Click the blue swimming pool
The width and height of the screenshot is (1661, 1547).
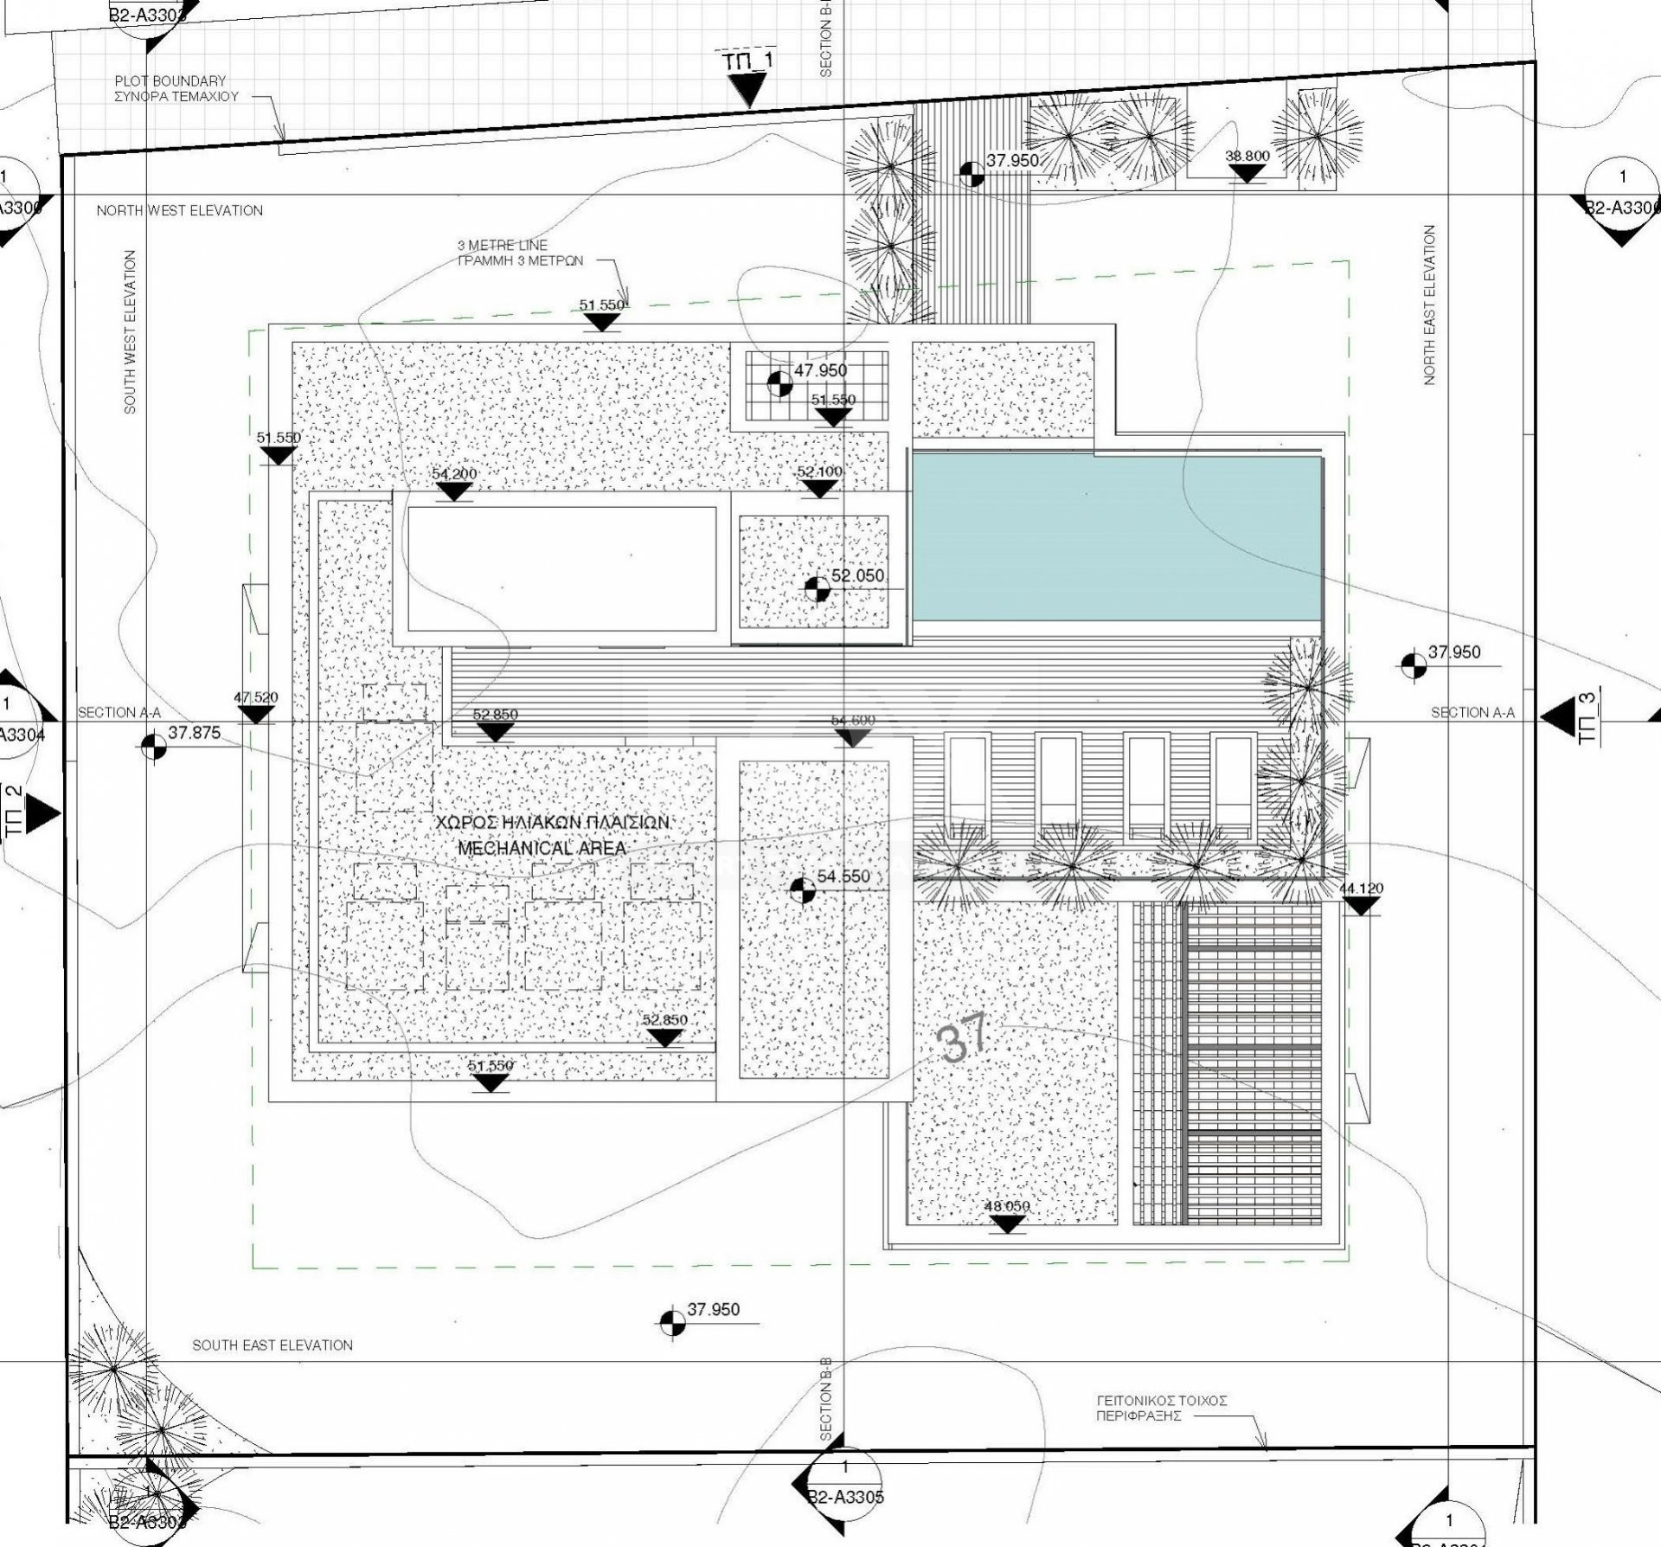(1116, 538)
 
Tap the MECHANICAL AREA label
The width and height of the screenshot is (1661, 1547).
(542, 848)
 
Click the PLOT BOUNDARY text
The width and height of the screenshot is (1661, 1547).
(170, 81)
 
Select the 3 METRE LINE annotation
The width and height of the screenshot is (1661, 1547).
(503, 246)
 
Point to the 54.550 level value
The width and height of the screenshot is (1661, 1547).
(843, 876)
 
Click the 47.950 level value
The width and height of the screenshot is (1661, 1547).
(820, 370)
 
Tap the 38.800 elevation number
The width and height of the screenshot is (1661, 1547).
(1247, 157)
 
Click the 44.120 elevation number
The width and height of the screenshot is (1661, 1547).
(1361, 889)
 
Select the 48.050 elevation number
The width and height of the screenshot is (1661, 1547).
(1008, 1206)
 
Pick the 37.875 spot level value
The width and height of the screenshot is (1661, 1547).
(194, 733)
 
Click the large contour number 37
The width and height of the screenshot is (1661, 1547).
(963, 1040)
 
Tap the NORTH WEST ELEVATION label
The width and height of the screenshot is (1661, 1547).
(180, 210)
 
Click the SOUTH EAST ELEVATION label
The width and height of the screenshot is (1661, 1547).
(273, 1345)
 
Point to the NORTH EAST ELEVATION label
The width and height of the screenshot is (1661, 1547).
(1429, 305)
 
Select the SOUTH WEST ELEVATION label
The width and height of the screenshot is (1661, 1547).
(131, 332)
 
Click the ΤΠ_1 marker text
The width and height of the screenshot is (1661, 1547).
(745, 61)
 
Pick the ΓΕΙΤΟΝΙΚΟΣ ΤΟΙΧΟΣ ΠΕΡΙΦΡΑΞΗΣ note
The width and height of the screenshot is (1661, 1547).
(1162, 1408)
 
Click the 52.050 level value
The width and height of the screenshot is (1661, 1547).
(857, 575)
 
